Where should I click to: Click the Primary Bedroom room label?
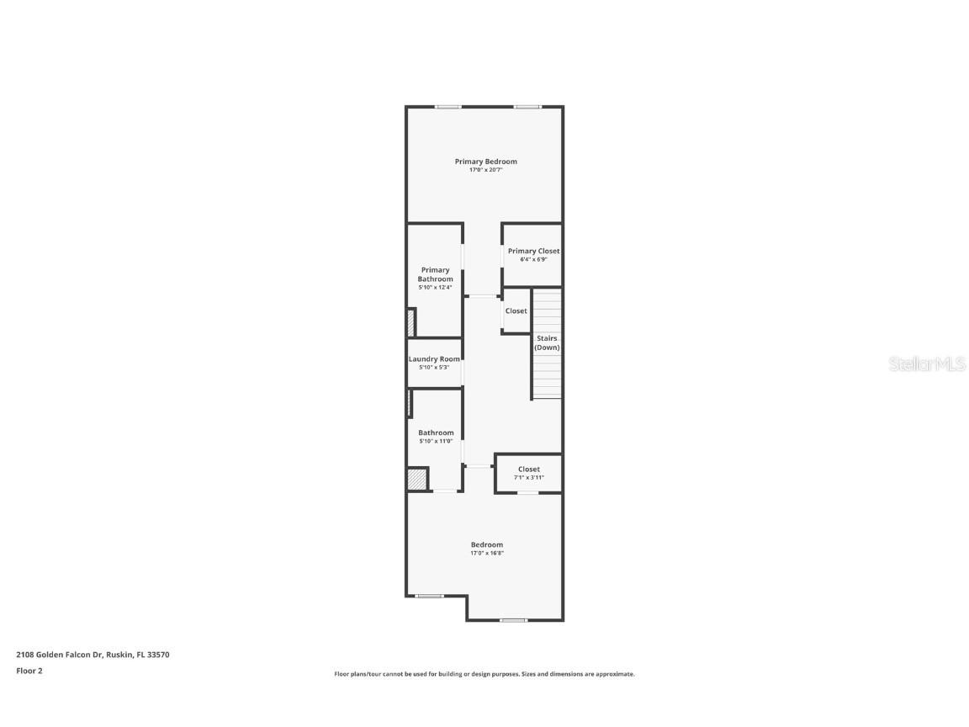(485, 162)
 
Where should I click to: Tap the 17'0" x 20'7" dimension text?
(485, 170)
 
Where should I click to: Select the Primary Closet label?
(533, 251)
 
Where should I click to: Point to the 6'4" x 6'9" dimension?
(533, 259)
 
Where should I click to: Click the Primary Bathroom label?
(435, 274)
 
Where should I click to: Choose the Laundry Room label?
(434, 359)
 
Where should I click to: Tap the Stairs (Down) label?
(547, 342)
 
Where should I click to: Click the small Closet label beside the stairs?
(516, 311)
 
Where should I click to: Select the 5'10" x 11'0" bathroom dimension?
(436, 441)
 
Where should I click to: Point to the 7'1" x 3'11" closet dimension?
(529, 478)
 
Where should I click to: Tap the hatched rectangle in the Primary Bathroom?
(411, 323)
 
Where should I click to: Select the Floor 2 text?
(29, 671)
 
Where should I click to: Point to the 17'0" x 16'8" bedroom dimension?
(486, 554)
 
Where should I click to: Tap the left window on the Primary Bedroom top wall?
(448, 107)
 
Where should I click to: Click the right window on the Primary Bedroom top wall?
(527, 107)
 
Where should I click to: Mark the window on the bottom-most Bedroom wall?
(513, 621)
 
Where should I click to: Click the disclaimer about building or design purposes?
(484, 674)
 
